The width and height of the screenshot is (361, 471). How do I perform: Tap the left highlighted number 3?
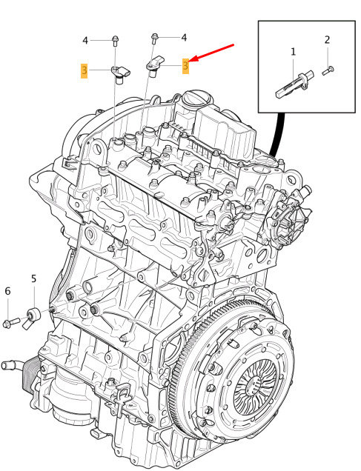(x=85, y=70)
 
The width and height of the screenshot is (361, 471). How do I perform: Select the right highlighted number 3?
(x=186, y=65)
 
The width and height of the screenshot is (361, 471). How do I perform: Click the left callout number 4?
(x=85, y=41)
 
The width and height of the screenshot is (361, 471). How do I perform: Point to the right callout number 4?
(x=184, y=38)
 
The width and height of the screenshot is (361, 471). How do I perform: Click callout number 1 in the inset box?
(x=293, y=52)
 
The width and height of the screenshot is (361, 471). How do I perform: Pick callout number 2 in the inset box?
(x=327, y=40)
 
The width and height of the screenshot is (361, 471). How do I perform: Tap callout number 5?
(x=33, y=278)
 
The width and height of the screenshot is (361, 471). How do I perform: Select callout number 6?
(x=7, y=291)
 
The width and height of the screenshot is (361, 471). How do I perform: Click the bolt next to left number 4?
(x=115, y=41)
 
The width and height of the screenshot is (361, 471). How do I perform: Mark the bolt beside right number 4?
(x=154, y=38)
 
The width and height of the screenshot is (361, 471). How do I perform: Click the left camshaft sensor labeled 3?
(x=121, y=75)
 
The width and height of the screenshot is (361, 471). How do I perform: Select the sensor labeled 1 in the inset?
(x=294, y=84)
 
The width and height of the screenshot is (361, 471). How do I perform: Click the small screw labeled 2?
(x=328, y=71)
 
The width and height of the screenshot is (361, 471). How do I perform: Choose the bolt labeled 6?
(x=11, y=322)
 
